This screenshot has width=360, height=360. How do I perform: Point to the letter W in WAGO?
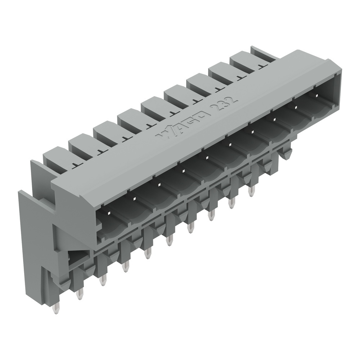click(x=163, y=135)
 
